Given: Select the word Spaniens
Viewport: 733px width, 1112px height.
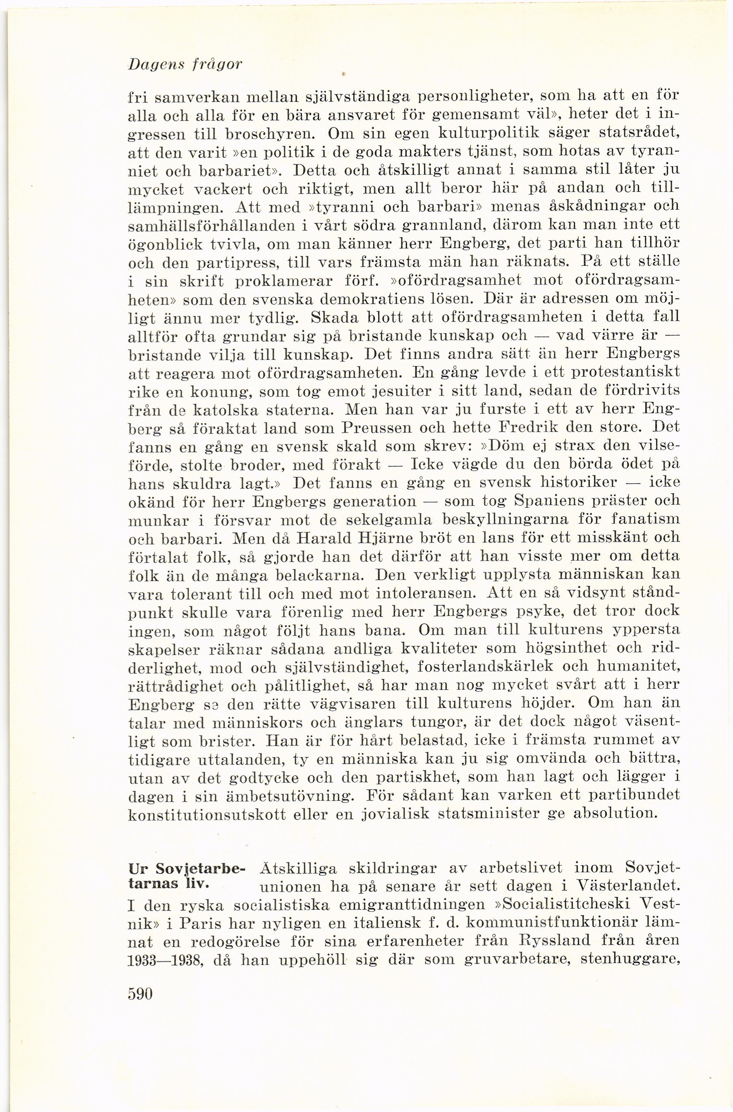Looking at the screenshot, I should click(x=551, y=501).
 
